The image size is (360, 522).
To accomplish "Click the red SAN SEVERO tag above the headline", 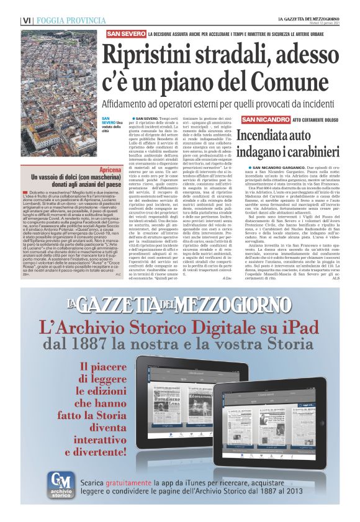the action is pyautogui.click(x=126, y=32).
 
